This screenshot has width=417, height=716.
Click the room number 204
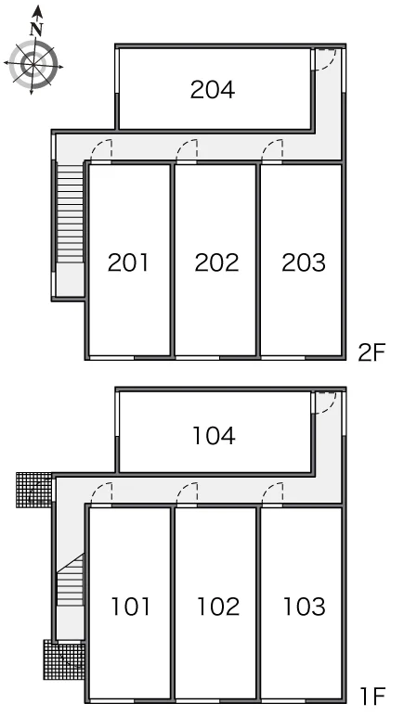pyautogui.click(x=213, y=89)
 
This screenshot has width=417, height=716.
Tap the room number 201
pyautogui.click(x=128, y=262)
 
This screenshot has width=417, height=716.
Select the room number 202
pyautogui.click(x=216, y=262)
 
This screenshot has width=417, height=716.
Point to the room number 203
pyautogui.click(x=304, y=262)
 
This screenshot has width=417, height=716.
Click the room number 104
pyautogui.click(x=214, y=435)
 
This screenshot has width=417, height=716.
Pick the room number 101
pyautogui.click(x=131, y=607)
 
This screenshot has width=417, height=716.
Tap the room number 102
pyautogui.click(x=218, y=607)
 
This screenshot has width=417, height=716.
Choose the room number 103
pyautogui.click(x=305, y=607)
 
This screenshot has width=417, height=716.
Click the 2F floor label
pyautogui.click(x=371, y=352)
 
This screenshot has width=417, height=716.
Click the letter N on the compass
pyautogui.click(x=36, y=30)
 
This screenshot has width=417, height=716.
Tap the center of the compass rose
pyautogui.click(x=33, y=64)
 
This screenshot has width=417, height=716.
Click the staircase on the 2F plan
pyautogui.click(x=70, y=212)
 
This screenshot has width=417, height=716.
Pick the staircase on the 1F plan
pyautogui.click(x=70, y=581)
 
